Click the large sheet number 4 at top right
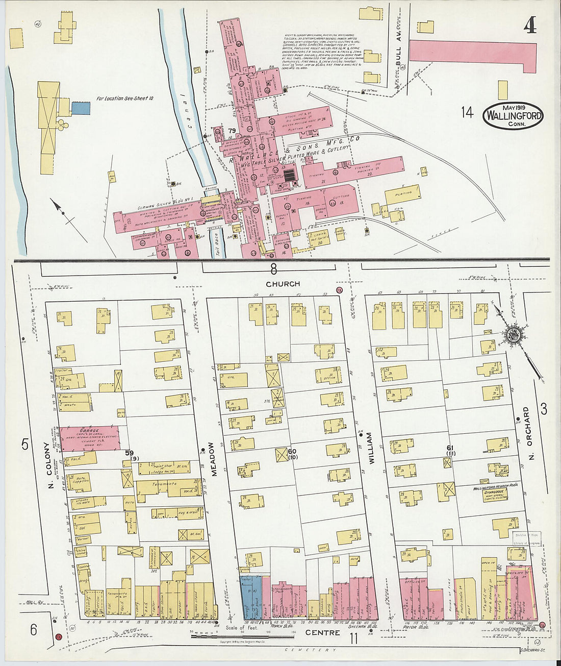(x=530, y=25)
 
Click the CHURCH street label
(x=283, y=284)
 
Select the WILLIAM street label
(x=371, y=448)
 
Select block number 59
(x=130, y=453)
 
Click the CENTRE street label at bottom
(x=322, y=633)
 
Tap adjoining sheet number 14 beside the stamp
(x=467, y=112)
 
